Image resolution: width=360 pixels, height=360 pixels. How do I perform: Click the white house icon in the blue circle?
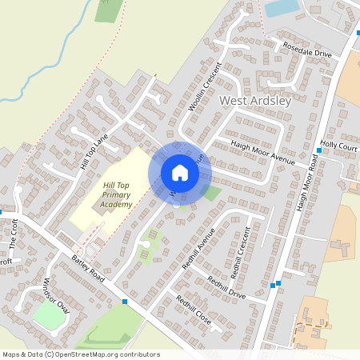(180, 173)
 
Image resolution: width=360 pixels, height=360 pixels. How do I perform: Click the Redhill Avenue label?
(199, 250)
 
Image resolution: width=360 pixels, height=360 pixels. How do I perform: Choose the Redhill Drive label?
(226, 286)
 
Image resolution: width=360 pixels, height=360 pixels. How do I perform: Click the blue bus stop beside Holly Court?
(318, 150)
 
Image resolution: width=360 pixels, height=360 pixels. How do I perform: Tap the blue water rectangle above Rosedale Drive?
(281, 9)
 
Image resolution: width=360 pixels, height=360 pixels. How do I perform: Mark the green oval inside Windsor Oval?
(48, 318)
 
